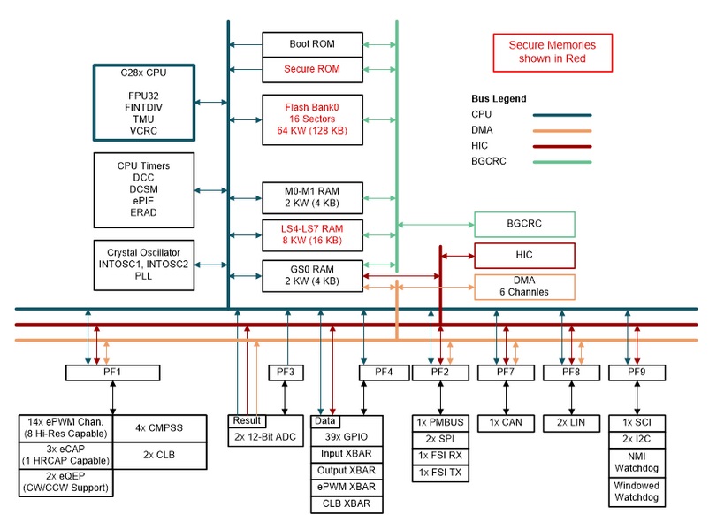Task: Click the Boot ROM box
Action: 312,44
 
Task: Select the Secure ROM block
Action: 312,70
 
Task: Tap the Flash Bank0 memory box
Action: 312,119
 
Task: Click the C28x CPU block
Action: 144,103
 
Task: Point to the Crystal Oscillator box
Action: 144,265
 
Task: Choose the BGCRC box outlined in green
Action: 524,224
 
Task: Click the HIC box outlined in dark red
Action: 524,255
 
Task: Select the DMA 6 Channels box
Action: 524,287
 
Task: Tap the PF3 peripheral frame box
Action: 286,373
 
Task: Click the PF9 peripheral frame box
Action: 637,373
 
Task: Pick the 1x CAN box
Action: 506,423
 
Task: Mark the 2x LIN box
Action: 571,423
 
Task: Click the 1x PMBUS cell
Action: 440,423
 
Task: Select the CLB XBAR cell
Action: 347,504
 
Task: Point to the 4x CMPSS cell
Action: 160,428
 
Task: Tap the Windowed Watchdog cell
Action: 637,492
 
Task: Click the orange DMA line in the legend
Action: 562,131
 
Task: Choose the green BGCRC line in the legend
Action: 562,162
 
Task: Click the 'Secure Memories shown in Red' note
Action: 553,52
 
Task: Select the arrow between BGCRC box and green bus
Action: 437,225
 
